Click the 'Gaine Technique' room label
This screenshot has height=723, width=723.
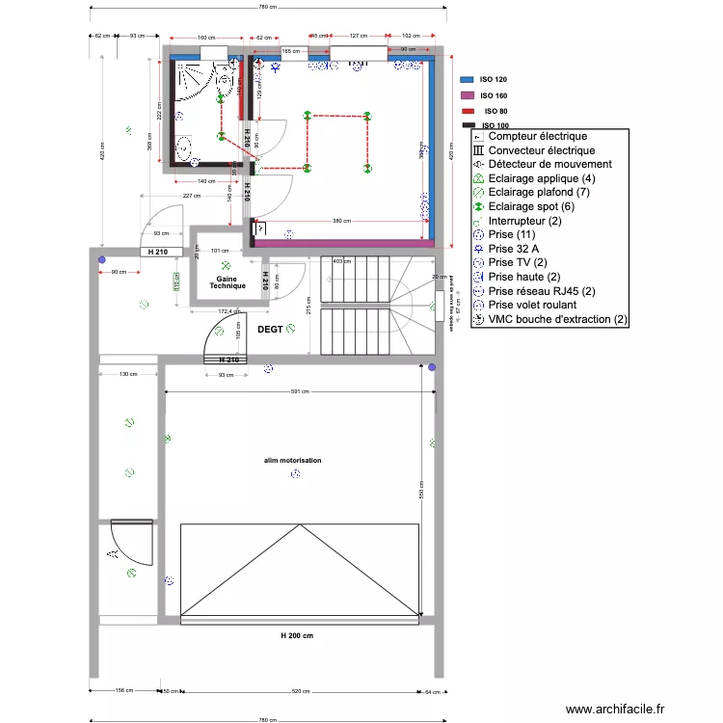[228, 281]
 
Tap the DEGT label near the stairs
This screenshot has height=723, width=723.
[271, 330]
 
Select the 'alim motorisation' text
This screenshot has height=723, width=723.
[293, 461]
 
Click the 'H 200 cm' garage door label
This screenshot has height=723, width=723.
[297, 635]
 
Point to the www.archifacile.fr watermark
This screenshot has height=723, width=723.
[615, 709]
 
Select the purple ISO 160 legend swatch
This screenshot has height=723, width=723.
[468, 95]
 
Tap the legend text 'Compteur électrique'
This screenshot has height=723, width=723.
[537, 137]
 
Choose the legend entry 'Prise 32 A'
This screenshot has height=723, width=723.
[514, 249]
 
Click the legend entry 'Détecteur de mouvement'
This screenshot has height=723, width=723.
[549, 165]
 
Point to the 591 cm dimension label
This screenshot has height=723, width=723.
[301, 392]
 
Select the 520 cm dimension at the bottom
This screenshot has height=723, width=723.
[301, 691]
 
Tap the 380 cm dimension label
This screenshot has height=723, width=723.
[341, 221]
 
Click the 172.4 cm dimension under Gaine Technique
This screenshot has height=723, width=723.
[228, 312]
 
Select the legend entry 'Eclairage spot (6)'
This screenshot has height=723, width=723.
[531, 206]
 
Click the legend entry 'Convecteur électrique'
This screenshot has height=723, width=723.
[541, 151]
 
